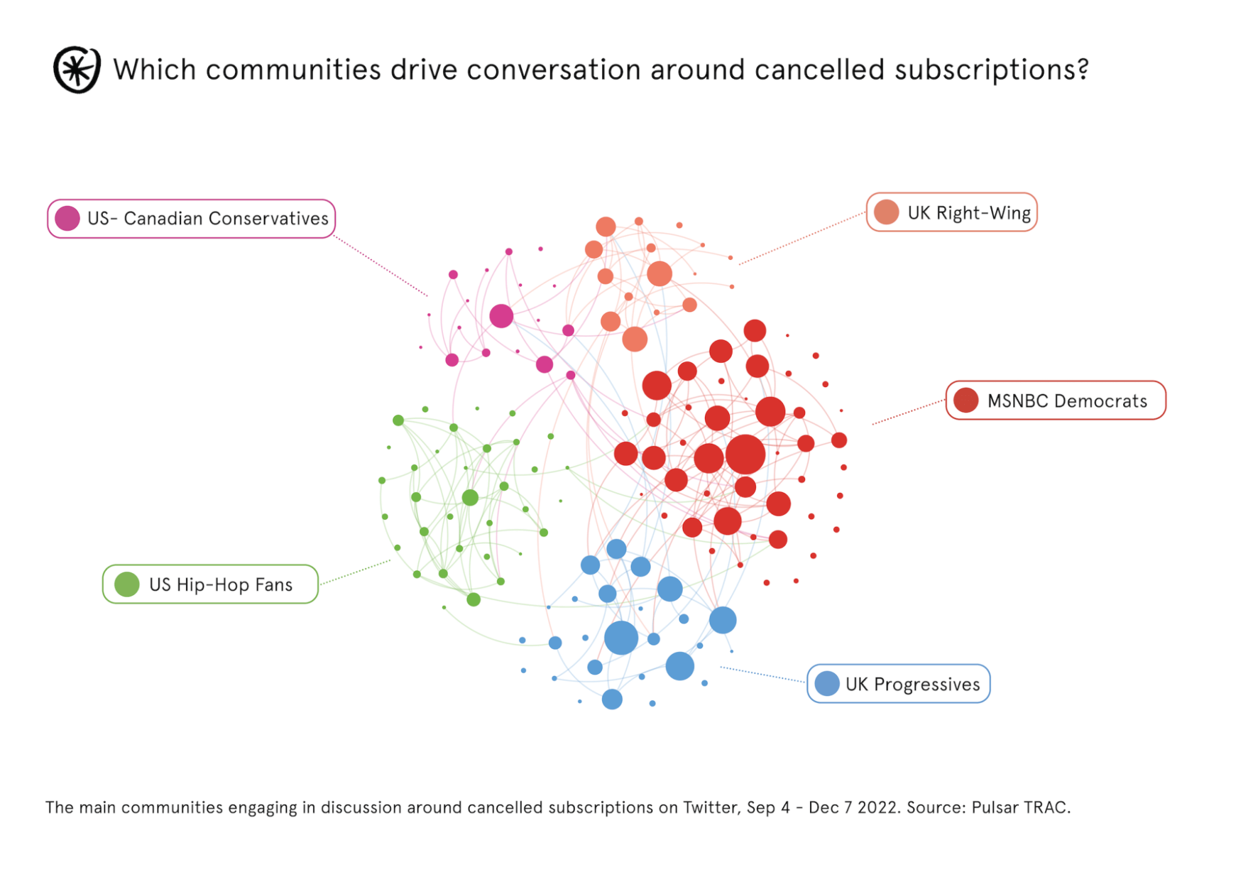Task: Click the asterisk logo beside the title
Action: point(76,70)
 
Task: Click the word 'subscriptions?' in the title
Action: point(991,70)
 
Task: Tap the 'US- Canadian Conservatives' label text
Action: point(207,219)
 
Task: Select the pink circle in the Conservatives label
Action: point(67,219)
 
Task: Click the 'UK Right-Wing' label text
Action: point(969,213)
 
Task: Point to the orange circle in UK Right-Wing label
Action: point(886,212)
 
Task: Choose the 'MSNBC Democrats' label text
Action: point(1067,401)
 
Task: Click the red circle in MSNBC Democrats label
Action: point(965,400)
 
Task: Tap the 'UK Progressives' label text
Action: point(912,684)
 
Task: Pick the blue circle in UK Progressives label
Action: point(827,683)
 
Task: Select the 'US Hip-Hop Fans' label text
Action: point(221,584)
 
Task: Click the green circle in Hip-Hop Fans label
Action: point(127,584)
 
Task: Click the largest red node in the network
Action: point(745,454)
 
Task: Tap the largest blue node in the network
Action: point(621,638)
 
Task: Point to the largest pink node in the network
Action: point(501,316)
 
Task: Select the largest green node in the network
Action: point(470,497)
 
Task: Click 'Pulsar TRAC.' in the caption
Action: point(1021,807)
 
